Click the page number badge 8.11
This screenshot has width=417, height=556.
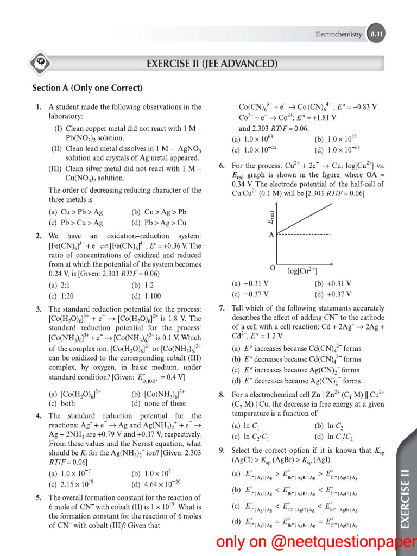[x=376, y=34]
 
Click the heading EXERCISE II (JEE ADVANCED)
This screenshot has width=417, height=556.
[x=212, y=64]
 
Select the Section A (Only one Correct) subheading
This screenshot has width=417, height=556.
[x=87, y=88]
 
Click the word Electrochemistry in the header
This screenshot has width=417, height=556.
[x=339, y=34]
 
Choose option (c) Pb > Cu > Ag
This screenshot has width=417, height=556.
[x=75, y=223]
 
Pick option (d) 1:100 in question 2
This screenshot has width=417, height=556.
[x=146, y=296]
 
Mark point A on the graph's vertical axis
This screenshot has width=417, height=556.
[x=270, y=235]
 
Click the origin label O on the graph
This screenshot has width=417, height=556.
[x=273, y=269]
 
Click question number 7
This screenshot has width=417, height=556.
[x=222, y=308]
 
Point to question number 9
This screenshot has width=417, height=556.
[x=222, y=450]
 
